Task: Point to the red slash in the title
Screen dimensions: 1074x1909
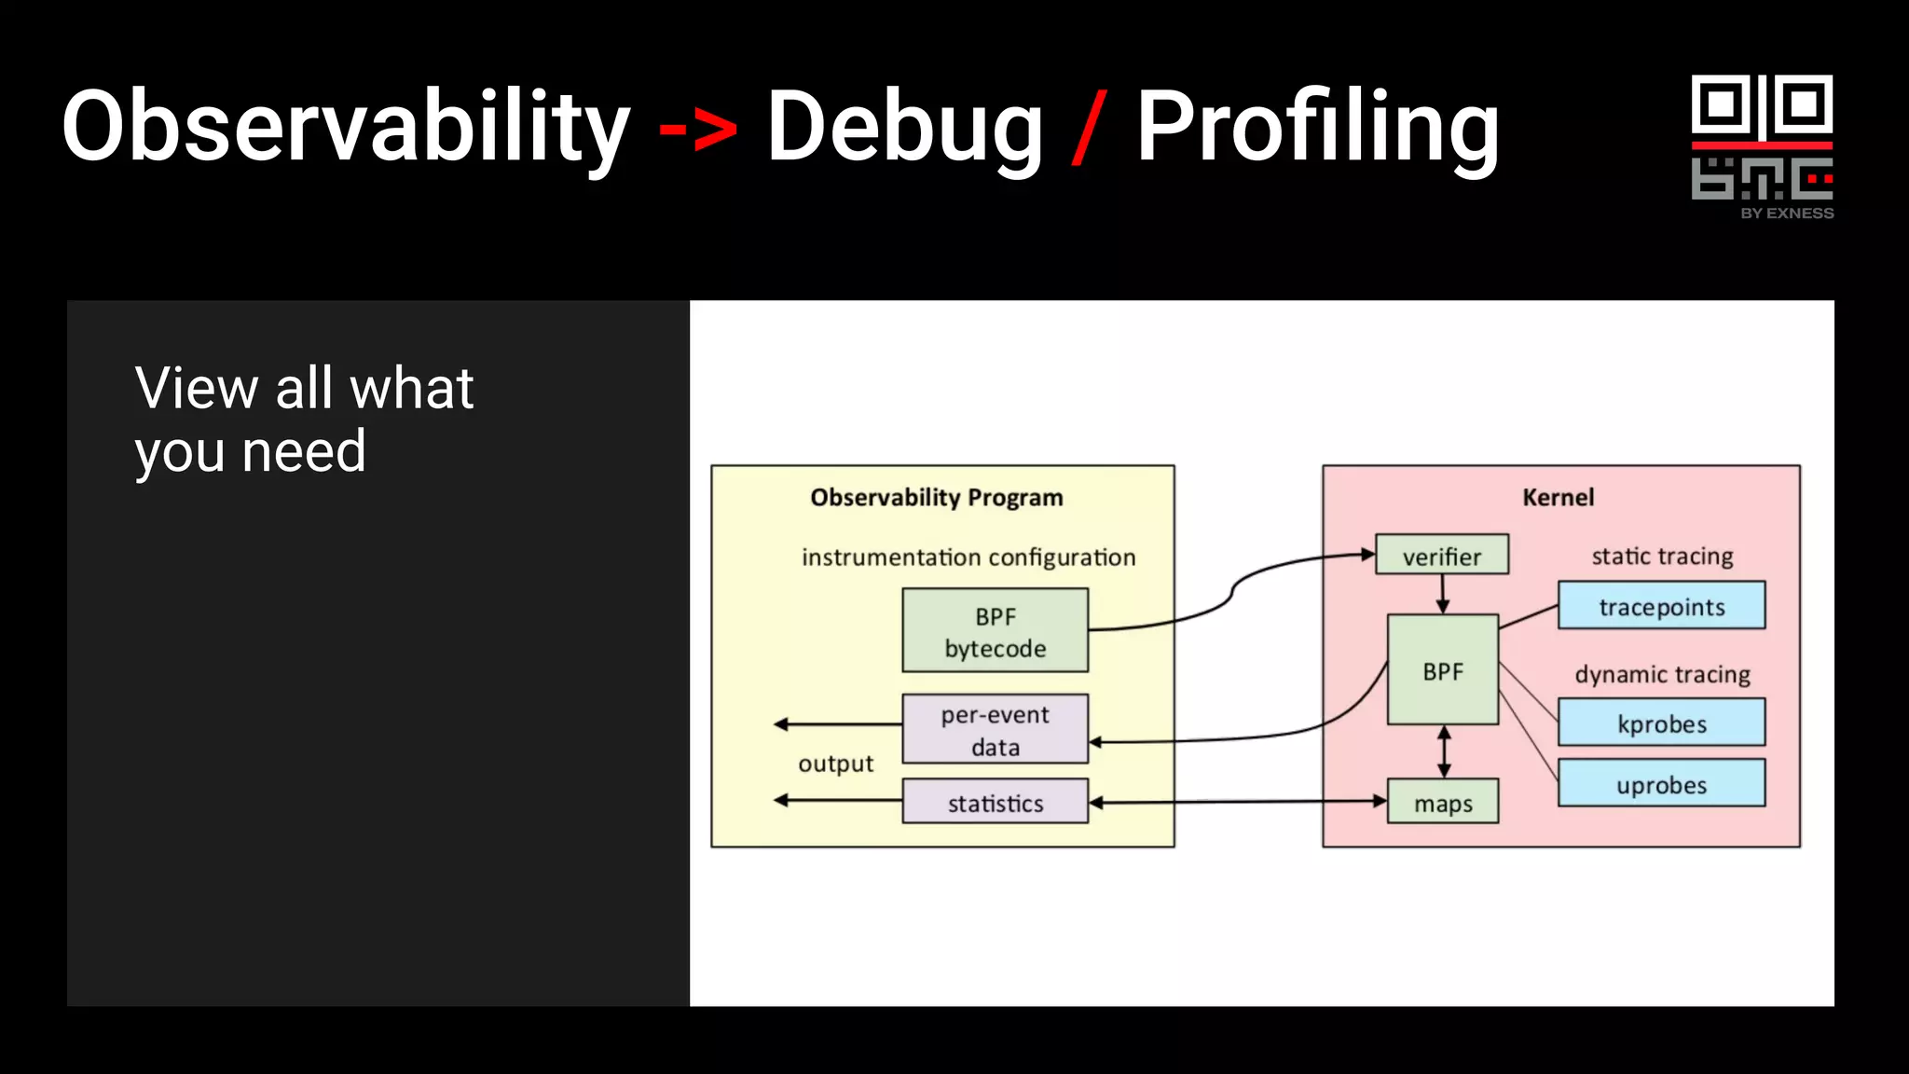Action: tap(1089, 128)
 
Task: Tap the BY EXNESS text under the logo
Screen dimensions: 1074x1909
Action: tap(1786, 213)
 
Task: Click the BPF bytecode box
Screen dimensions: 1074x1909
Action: tap(995, 631)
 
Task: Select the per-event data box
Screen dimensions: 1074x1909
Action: tap(995, 730)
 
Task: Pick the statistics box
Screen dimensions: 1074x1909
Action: tap(995, 803)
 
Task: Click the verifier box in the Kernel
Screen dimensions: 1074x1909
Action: tap(1441, 556)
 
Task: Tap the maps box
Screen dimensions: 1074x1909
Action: tap(1442, 803)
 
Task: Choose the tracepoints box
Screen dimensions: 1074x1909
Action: tap(1661, 606)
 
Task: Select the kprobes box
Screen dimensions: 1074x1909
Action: tap(1661, 723)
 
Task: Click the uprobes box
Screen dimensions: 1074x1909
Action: tap(1661, 784)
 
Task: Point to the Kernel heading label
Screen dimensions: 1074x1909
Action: tap(1558, 497)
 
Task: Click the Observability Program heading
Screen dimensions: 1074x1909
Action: tap(936, 497)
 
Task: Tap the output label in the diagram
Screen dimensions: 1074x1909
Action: tap(835, 764)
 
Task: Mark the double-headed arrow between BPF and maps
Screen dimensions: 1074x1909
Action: tap(1444, 751)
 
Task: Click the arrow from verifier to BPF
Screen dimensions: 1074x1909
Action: tap(1443, 594)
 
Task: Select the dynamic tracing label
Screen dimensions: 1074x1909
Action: tap(1662, 674)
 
